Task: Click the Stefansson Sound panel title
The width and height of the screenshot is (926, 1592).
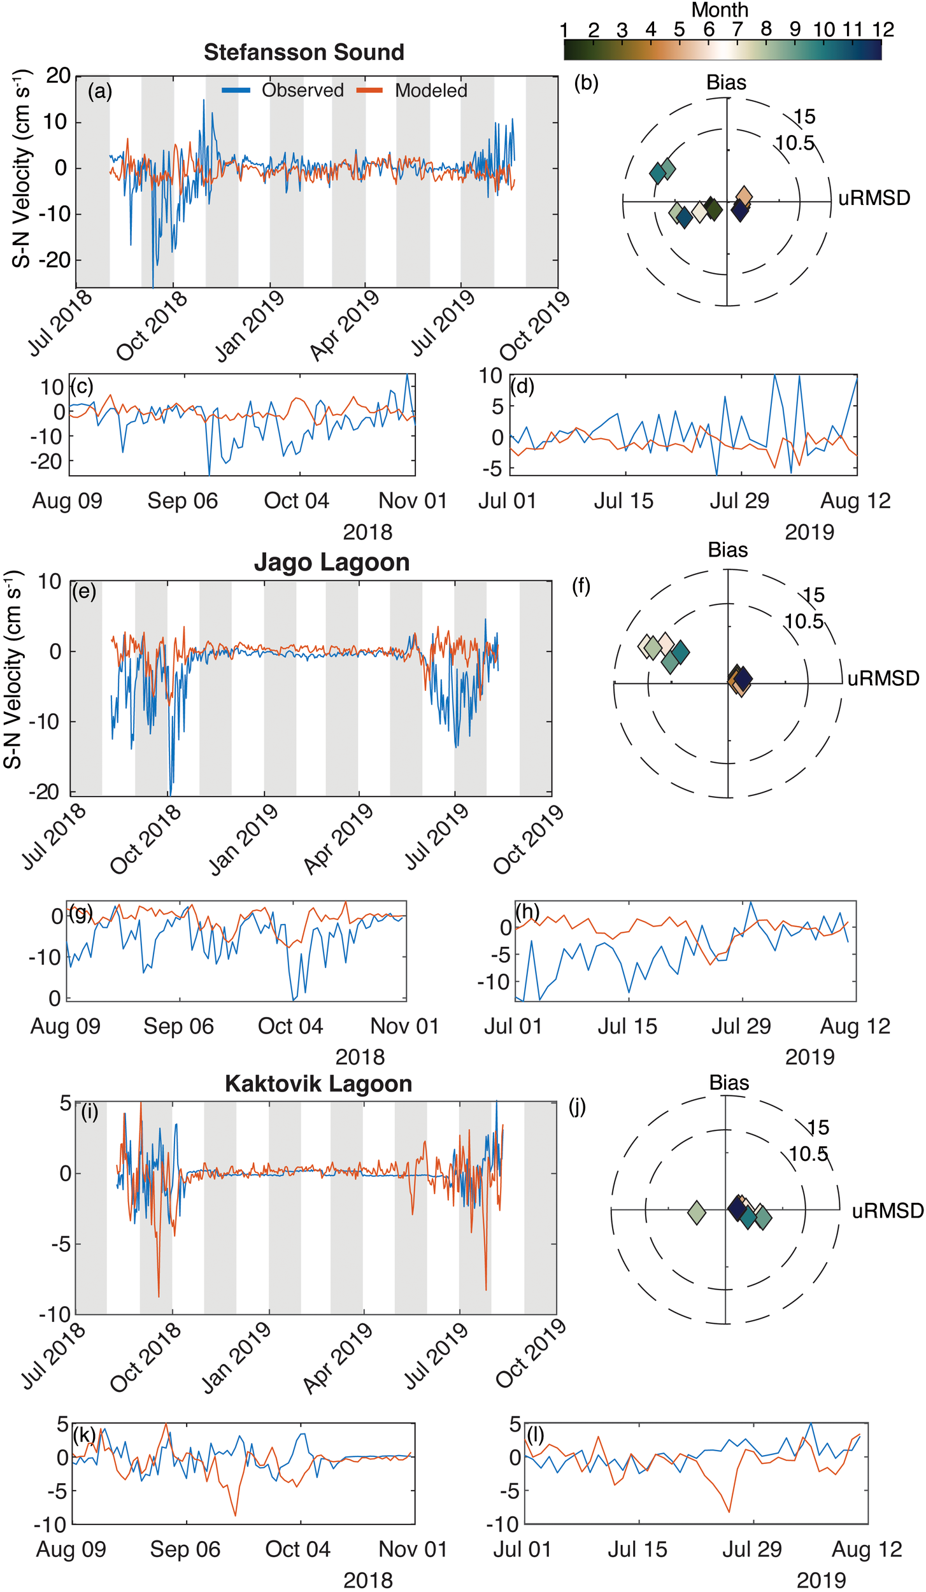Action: tap(304, 52)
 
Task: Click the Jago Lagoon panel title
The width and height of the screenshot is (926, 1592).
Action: tap(331, 562)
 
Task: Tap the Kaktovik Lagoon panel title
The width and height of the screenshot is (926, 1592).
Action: tap(318, 1083)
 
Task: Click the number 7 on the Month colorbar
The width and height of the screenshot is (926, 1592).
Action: tap(737, 29)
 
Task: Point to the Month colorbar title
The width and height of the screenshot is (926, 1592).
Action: tap(720, 10)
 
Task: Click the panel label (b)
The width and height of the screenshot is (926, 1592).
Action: tap(586, 83)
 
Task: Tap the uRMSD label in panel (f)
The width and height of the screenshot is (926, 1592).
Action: tap(883, 678)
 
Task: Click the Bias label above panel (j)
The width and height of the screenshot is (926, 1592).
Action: tap(729, 1083)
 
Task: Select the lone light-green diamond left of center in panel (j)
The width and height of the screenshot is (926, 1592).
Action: tap(697, 1212)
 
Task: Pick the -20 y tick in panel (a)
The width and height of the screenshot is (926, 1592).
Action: tap(57, 260)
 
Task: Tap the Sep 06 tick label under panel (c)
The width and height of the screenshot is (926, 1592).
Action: tap(183, 501)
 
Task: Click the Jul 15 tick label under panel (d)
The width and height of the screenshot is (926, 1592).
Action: tap(623, 501)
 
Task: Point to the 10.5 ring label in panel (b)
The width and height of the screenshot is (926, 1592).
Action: tap(795, 143)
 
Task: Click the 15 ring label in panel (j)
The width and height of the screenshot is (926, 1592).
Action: tap(818, 1128)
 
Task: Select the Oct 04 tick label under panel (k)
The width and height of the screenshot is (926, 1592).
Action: tap(297, 1549)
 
